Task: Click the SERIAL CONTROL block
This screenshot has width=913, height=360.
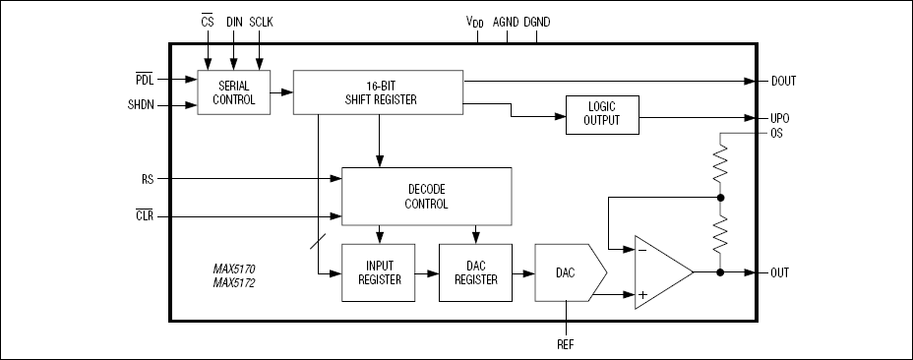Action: [x=233, y=92]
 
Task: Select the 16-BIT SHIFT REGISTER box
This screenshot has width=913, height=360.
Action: [x=378, y=92]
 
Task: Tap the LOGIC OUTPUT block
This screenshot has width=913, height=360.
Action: [x=602, y=115]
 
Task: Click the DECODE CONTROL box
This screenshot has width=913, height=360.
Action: [x=426, y=197]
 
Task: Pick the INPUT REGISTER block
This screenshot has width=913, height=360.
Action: [x=379, y=272]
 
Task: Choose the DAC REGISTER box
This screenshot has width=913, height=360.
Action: [x=476, y=272]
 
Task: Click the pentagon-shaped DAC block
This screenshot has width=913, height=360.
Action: [x=571, y=272]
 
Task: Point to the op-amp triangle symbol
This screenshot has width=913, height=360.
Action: [x=663, y=272]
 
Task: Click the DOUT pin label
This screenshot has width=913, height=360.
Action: [x=783, y=81]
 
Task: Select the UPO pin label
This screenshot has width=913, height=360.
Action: [x=779, y=118]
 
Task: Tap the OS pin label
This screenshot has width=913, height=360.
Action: [x=776, y=134]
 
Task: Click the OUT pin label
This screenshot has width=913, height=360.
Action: [x=779, y=272]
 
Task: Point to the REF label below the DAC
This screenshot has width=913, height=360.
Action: [x=566, y=344]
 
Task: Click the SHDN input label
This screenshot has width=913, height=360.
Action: [x=141, y=105]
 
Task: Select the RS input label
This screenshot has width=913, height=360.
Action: [x=148, y=179]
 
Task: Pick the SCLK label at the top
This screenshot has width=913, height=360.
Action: [x=261, y=23]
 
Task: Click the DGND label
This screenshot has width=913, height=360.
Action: [x=537, y=23]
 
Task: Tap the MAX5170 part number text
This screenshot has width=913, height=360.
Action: [x=233, y=270]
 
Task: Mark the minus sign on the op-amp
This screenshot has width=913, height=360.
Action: [x=642, y=250]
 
